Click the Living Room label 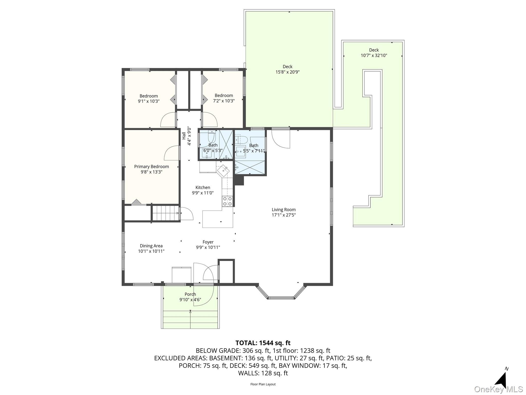284,210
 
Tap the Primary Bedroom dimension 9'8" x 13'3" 152,172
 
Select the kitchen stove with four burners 227,201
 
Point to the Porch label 190,294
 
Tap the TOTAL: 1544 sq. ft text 263,343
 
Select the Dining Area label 151,246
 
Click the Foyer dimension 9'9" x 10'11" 208,248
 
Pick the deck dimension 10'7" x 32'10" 374,56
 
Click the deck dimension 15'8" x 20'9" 287,72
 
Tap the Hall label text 184,136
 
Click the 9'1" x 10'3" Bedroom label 148,96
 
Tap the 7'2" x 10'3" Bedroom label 224,95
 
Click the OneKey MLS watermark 498,389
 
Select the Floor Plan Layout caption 263,384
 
